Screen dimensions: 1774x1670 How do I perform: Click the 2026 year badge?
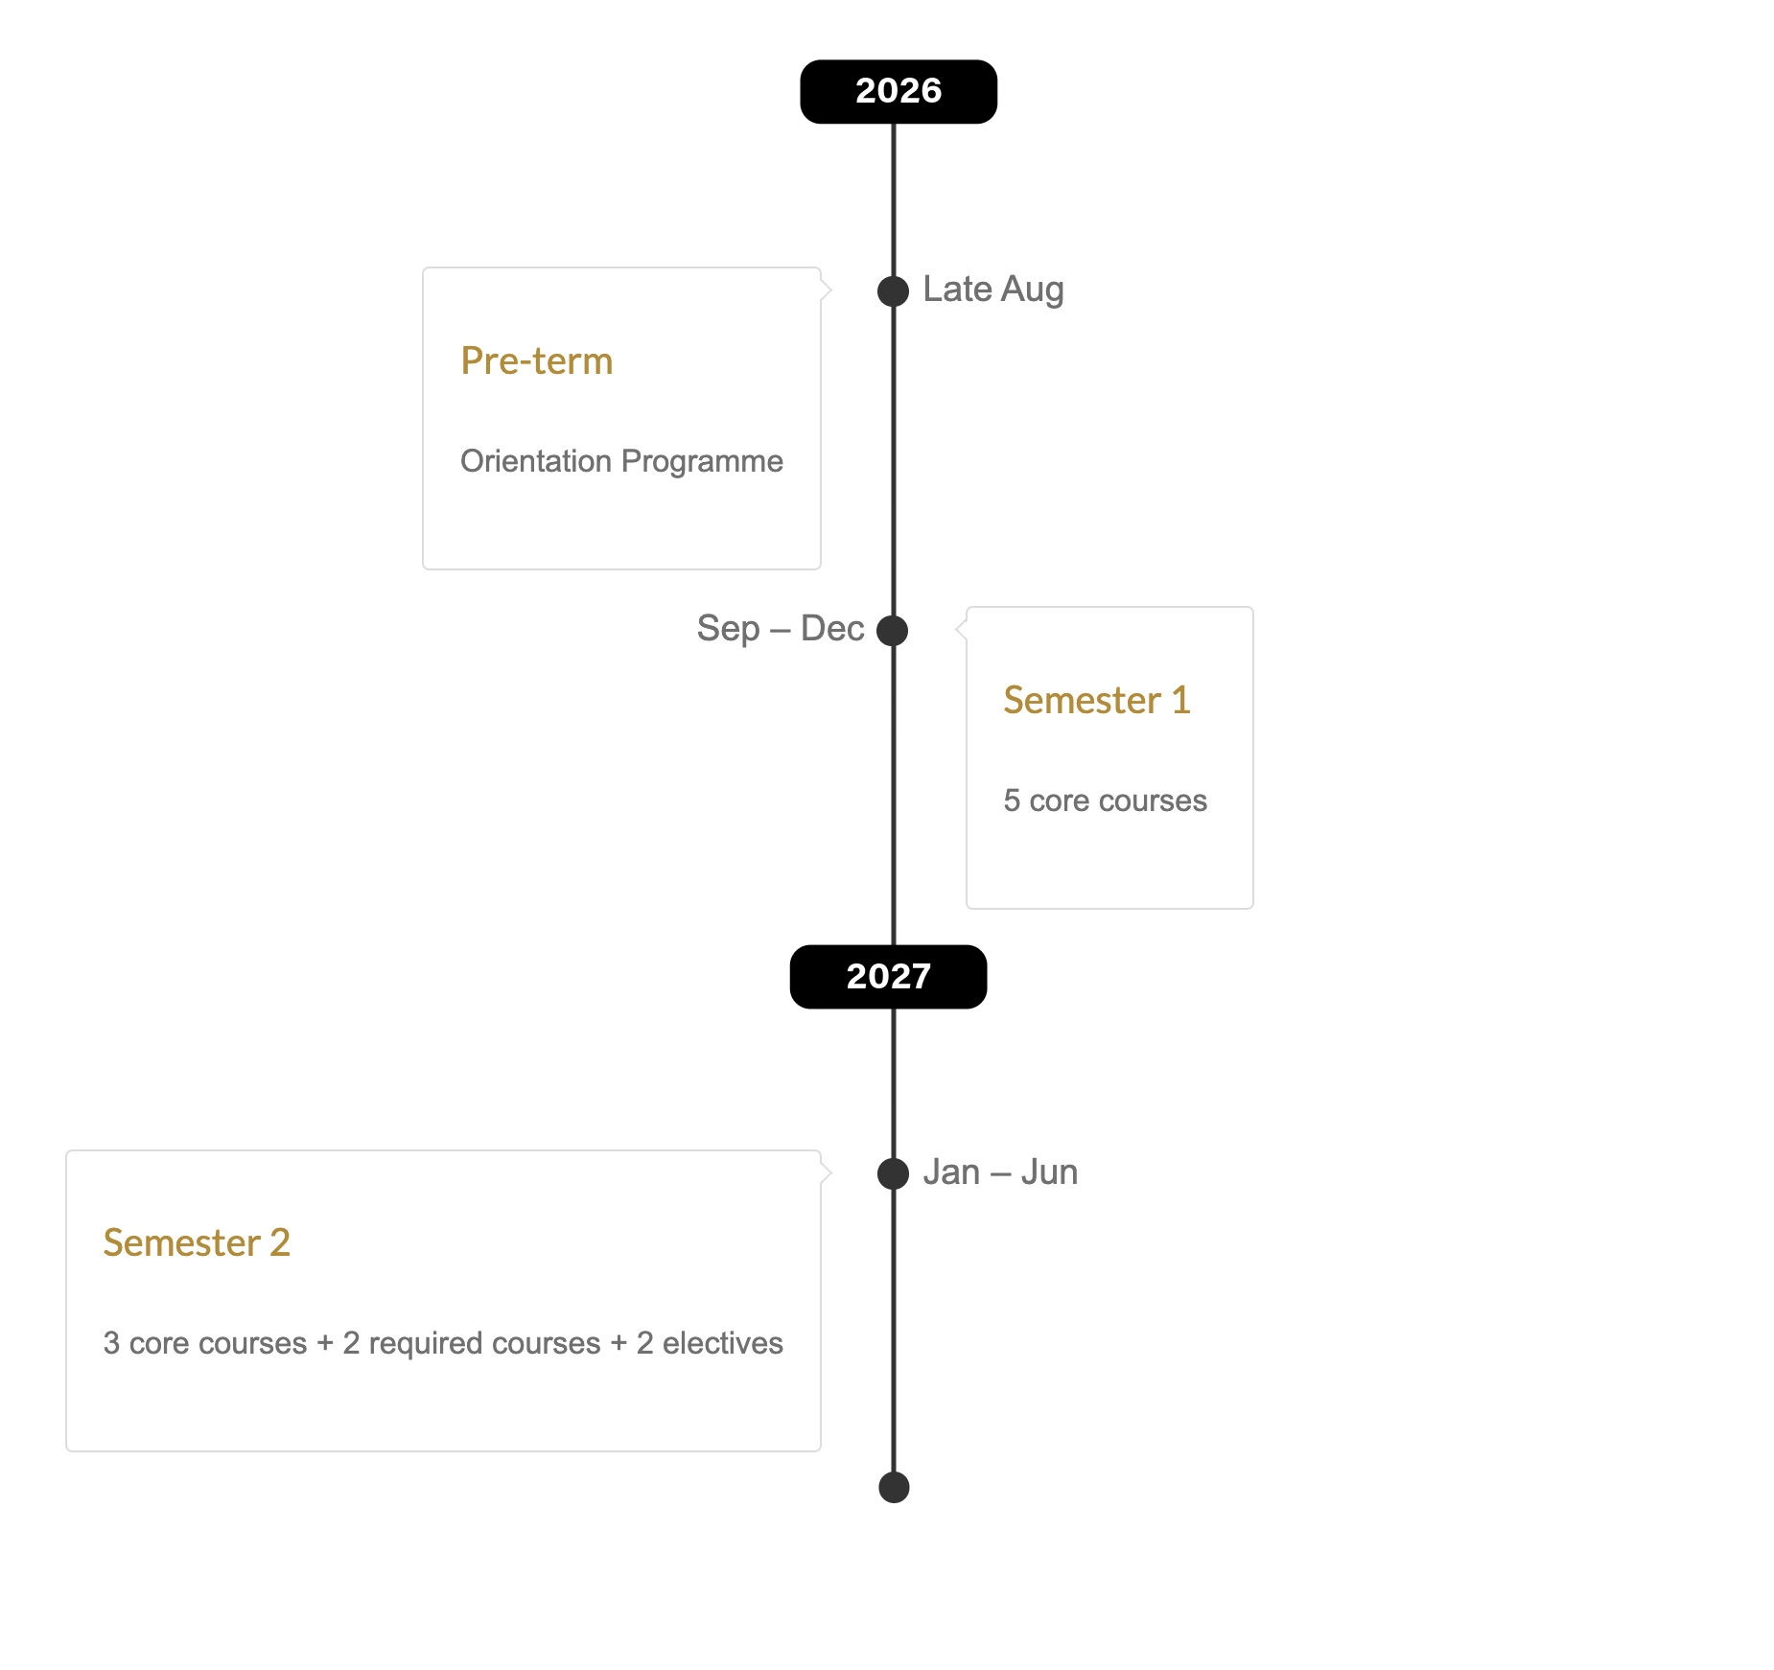coord(899,92)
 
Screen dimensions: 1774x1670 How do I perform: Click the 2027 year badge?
coord(888,977)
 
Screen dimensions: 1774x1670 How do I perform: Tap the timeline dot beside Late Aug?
coord(893,291)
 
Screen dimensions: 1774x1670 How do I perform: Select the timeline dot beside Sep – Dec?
coord(893,631)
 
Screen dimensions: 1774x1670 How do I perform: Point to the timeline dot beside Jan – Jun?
coord(893,1173)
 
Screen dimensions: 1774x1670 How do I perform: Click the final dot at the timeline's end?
coord(894,1488)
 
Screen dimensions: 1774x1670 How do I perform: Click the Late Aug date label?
coord(993,290)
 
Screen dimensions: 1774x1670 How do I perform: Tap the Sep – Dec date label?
coord(781,629)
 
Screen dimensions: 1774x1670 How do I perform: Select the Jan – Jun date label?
coord(1000,1172)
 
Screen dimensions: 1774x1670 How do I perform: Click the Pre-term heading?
coord(537,361)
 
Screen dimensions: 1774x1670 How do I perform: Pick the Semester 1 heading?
coord(1097,701)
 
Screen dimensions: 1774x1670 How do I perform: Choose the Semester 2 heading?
coord(197,1243)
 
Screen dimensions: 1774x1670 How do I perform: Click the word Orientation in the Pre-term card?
coord(536,461)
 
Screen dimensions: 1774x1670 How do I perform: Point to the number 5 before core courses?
coord(1012,800)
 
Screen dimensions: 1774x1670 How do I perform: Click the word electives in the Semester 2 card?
coord(723,1343)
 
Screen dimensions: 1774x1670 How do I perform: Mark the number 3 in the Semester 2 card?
coord(111,1343)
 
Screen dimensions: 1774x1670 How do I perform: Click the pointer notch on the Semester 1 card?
coord(961,629)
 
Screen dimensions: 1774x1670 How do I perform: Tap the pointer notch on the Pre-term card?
coord(826,290)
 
